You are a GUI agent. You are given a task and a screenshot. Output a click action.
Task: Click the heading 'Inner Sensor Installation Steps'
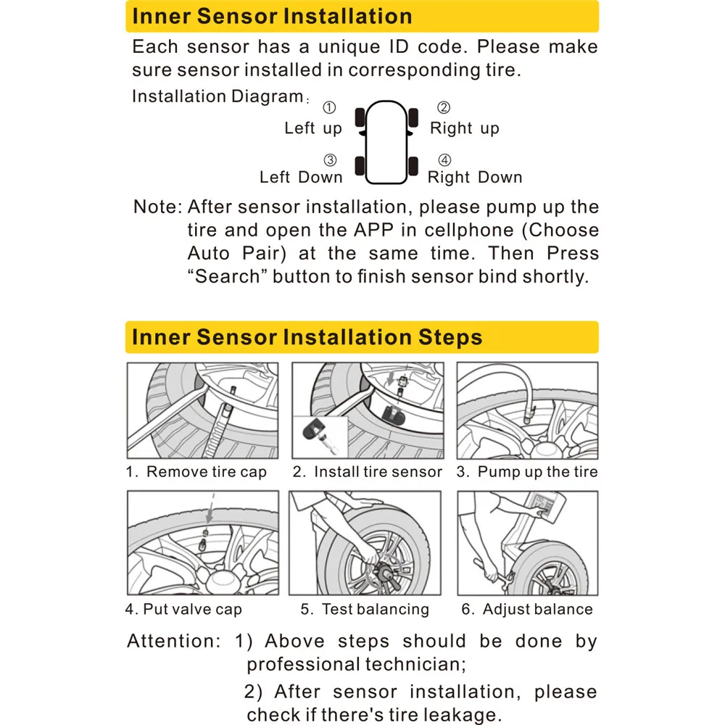(307, 338)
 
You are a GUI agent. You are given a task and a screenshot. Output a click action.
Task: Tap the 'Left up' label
(312, 128)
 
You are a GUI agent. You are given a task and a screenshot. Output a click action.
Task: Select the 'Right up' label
(465, 128)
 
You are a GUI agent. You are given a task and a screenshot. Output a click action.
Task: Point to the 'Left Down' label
(301, 177)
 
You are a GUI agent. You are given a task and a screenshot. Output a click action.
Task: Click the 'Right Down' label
(475, 177)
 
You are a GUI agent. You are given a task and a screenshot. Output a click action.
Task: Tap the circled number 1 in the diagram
(329, 108)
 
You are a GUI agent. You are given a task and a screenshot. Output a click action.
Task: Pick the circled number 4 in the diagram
(445, 160)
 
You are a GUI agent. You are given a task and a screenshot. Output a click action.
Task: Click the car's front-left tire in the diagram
(360, 117)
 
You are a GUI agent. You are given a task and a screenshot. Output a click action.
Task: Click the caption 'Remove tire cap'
(206, 472)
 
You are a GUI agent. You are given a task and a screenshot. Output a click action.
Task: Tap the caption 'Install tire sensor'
(377, 472)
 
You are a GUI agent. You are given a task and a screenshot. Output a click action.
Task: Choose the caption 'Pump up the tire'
(537, 472)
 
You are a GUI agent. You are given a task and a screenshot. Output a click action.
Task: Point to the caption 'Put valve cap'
(192, 609)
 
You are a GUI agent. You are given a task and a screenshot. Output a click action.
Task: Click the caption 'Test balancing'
(375, 609)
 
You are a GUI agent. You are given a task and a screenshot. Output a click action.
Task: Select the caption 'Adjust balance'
(537, 609)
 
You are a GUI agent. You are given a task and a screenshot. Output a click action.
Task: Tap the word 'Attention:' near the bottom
(170, 641)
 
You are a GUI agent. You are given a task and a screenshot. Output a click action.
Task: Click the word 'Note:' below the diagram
(157, 207)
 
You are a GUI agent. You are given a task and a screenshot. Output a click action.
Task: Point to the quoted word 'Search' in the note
(228, 277)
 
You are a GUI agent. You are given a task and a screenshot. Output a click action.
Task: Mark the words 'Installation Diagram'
(216, 96)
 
